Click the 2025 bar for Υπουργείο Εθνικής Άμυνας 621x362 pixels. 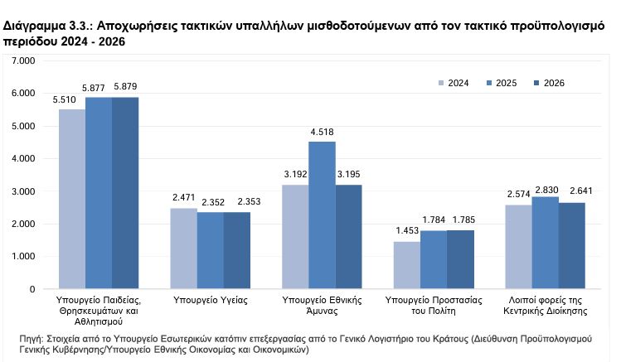(x=322, y=215)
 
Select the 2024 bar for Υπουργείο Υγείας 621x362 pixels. (x=183, y=249)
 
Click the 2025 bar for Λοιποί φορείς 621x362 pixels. (x=545, y=243)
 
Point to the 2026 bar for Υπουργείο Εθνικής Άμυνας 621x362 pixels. (x=349, y=237)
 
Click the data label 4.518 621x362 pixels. (x=322, y=132)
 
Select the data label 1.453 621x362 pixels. (x=406, y=231)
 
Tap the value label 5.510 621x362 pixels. (x=71, y=99)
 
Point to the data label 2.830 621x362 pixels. (x=545, y=187)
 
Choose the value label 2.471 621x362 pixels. (x=183, y=199)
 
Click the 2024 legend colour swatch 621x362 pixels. (x=441, y=82)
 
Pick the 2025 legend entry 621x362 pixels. (x=501, y=82)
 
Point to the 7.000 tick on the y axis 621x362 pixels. (x=26, y=61)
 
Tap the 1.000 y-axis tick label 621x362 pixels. (x=26, y=257)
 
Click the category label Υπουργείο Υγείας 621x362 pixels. (x=211, y=297)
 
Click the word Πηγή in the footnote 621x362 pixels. (x=32, y=340)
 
